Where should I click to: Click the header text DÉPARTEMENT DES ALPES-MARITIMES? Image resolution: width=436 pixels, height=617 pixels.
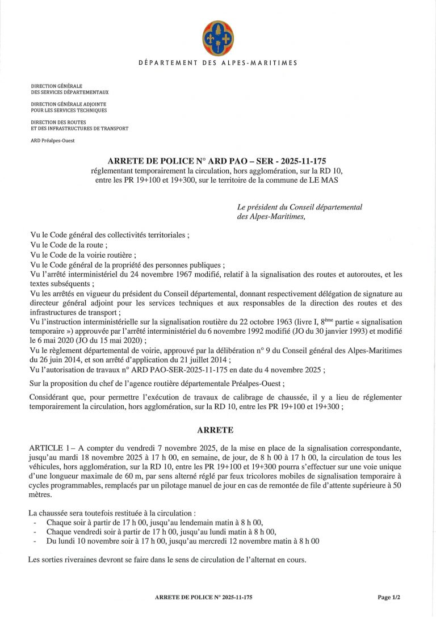[x=217, y=62]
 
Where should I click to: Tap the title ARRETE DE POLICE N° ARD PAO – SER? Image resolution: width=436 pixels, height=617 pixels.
[x=217, y=161]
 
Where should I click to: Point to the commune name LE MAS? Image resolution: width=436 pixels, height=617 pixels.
[x=331, y=180]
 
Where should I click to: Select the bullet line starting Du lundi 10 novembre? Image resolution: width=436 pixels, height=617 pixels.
[x=182, y=542]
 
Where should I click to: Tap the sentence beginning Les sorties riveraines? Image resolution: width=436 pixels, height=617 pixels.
[x=167, y=560]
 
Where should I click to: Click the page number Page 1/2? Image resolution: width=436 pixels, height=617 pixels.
[x=389, y=597]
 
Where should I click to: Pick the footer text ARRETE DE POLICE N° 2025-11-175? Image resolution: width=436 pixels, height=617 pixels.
[x=203, y=597]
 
